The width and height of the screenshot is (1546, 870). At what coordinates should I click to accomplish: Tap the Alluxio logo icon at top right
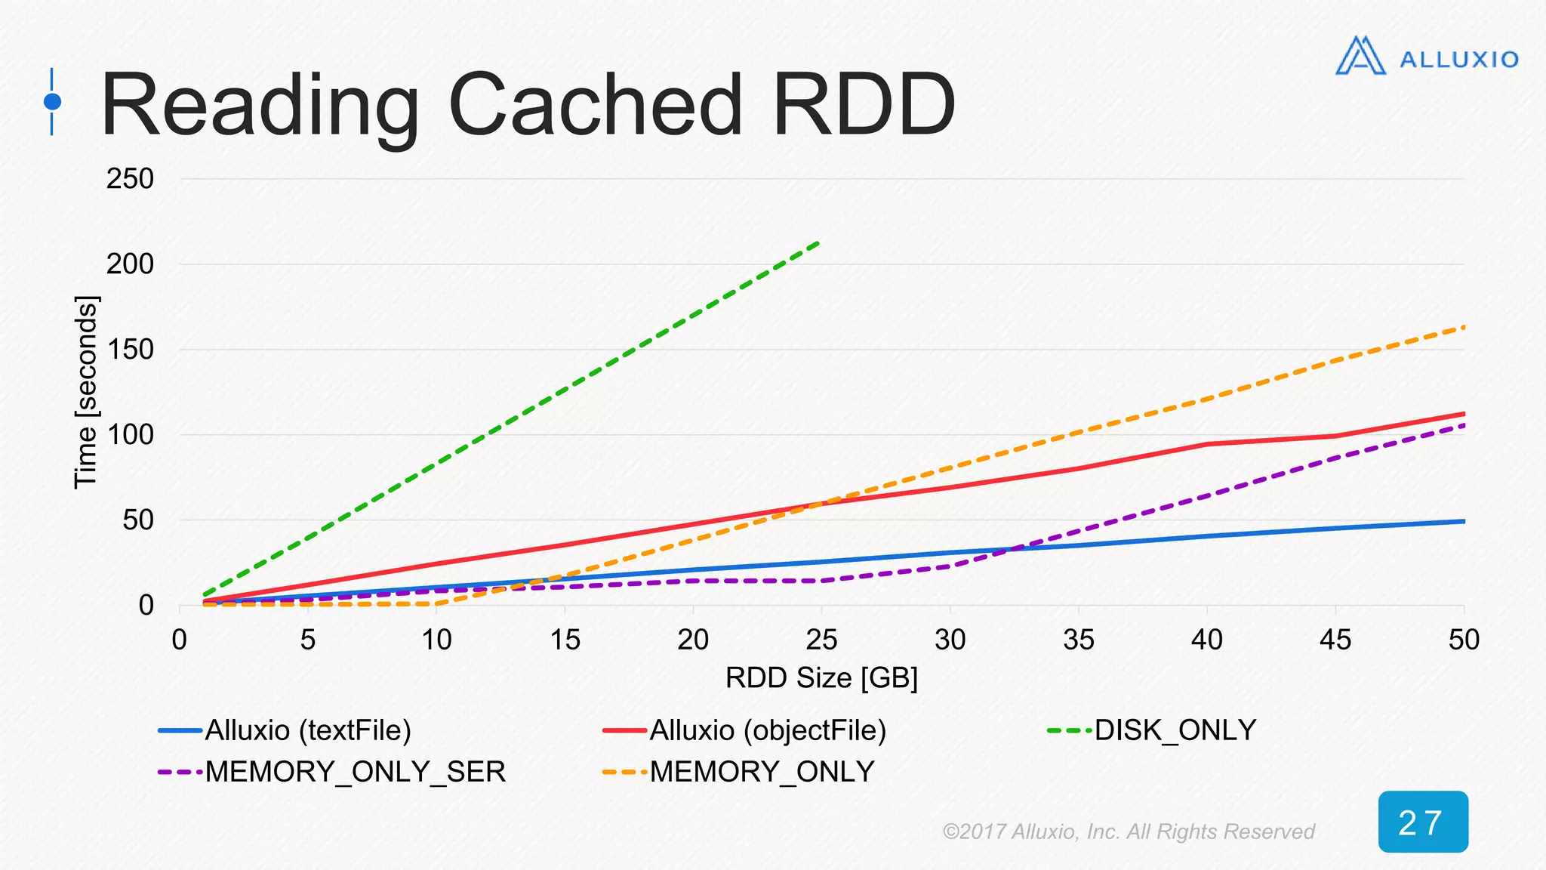1360,56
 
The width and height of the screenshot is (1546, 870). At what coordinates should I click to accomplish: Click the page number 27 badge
1422,822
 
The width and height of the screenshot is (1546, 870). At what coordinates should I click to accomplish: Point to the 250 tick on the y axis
130,179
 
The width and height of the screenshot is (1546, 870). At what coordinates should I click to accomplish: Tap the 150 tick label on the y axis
130,349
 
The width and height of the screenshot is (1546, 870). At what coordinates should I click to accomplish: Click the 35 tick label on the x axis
1078,640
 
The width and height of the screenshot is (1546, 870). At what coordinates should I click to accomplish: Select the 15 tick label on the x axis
565,640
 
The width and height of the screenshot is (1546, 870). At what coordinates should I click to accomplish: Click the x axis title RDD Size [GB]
821,678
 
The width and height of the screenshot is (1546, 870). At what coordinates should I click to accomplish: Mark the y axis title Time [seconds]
85,393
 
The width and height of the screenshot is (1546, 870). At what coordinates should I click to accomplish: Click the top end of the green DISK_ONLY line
820,242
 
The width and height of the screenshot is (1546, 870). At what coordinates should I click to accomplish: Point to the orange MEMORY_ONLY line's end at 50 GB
1463,327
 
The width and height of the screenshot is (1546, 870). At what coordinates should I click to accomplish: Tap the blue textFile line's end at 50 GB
1463,521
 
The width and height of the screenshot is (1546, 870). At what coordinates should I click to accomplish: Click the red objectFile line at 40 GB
1207,444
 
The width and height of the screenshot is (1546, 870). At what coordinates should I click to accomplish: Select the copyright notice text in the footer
1129,831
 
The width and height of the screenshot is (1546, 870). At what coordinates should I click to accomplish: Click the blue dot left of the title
52,101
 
